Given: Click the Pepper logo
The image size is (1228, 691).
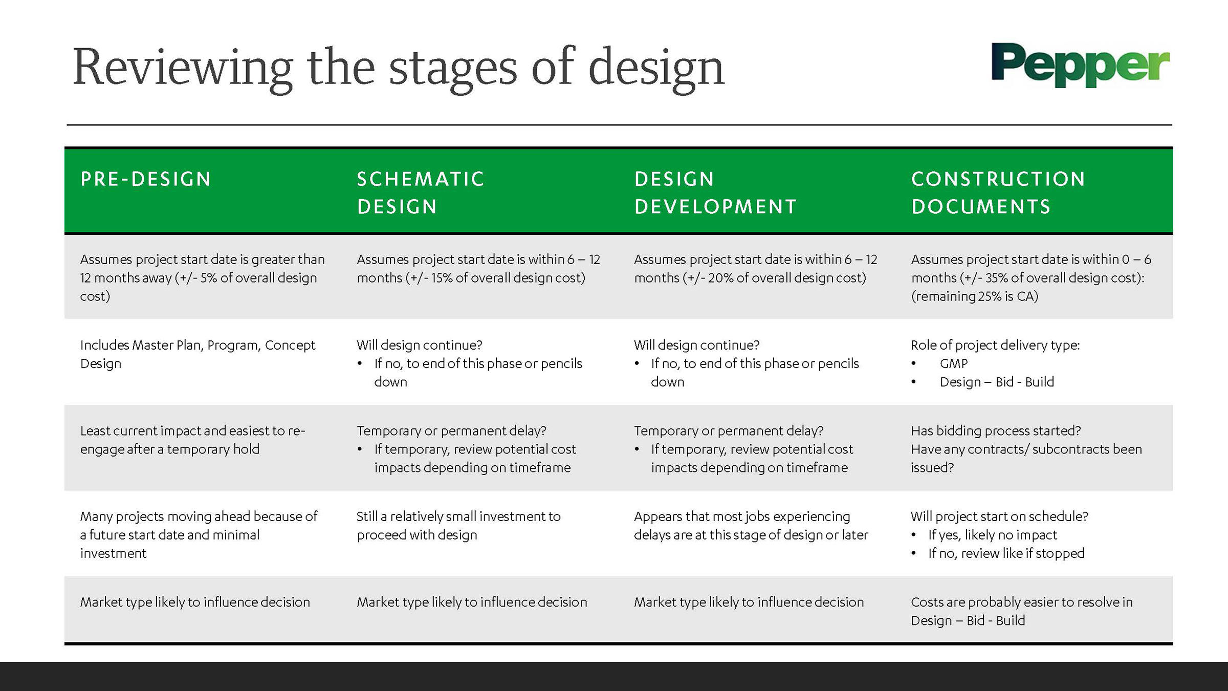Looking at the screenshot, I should pyautogui.click(x=1080, y=64).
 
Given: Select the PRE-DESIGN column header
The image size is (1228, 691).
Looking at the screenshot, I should pyautogui.click(x=146, y=179).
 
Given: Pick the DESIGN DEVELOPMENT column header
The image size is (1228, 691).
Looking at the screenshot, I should pyautogui.click(x=715, y=192).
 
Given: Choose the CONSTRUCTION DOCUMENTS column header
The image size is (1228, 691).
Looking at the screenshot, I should pyautogui.click(x=998, y=192).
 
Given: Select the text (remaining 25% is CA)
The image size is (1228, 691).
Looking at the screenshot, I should pyautogui.click(x=974, y=296).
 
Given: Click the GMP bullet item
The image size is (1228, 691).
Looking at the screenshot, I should pyautogui.click(x=953, y=364).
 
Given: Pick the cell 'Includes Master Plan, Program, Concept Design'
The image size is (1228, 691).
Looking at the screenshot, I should pyautogui.click(x=198, y=354).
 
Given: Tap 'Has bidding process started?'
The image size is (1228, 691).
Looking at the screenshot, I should pyautogui.click(x=995, y=431).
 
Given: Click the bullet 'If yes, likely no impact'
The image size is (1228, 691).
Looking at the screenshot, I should pyautogui.click(x=992, y=535).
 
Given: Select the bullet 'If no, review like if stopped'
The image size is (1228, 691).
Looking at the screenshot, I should pyautogui.click(x=1006, y=553).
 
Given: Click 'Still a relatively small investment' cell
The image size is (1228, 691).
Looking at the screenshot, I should pyautogui.click(x=458, y=526).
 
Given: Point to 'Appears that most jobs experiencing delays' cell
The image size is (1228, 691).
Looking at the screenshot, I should pyautogui.click(x=751, y=526).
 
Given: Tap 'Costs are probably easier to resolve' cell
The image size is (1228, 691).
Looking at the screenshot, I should pyautogui.click(x=1021, y=611).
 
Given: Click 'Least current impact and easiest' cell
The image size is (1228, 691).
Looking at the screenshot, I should pyautogui.click(x=192, y=440).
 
